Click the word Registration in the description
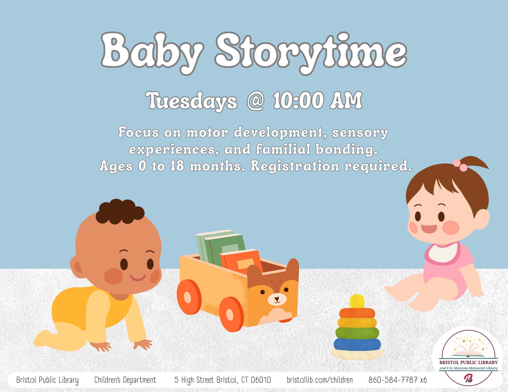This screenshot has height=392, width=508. pos(295,166)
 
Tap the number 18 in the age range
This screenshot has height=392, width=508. pos(177,166)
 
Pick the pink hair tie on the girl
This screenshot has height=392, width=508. pos(460,164)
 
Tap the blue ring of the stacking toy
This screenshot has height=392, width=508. pos(357,344)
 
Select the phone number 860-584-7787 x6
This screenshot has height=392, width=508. pos(398,380)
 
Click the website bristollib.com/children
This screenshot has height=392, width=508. pos(320,380)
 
